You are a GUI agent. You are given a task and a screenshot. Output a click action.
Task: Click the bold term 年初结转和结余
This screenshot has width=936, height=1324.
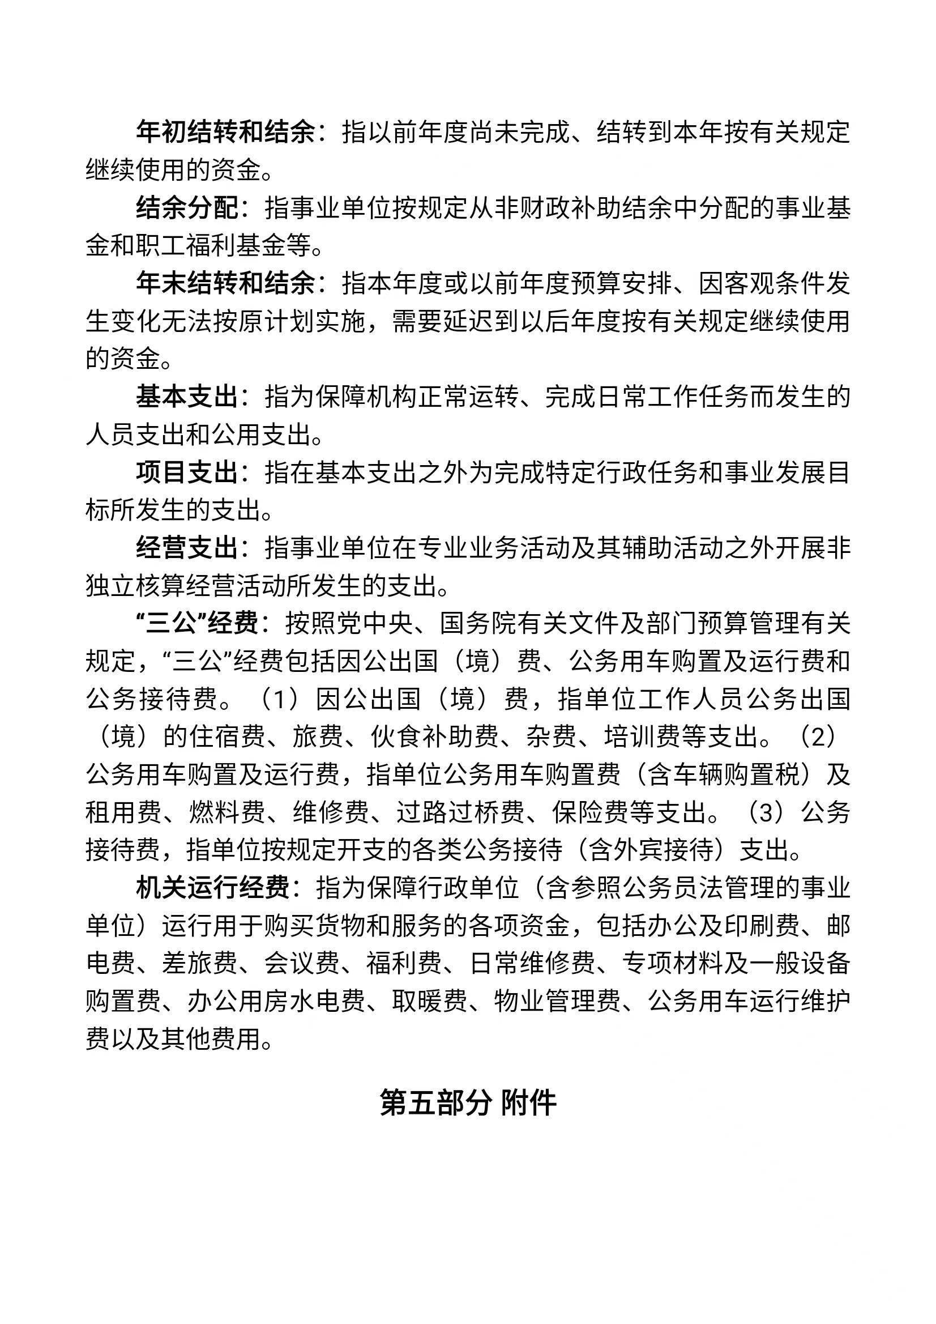pyautogui.click(x=225, y=133)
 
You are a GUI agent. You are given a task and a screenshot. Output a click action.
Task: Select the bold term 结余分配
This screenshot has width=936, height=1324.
pyautogui.click(x=187, y=208)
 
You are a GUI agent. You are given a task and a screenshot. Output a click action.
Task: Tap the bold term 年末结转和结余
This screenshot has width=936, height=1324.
pyautogui.click(x=225, y=284)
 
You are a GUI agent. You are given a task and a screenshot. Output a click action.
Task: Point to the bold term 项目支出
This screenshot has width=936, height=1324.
pyautogui.click(x=187, y=473)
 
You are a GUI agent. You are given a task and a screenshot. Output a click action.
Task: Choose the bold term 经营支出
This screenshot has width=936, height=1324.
pyautogui.click(x=187, y=548)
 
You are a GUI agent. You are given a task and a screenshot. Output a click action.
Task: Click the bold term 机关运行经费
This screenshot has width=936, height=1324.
pyautogui.click(x=213, y=889)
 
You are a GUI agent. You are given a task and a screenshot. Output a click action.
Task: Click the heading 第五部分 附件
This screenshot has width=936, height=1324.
pyautogui.click(x=468, y=1103)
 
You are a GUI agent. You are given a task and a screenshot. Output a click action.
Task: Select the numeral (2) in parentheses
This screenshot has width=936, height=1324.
pyautogui.click(x=818, y=737)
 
